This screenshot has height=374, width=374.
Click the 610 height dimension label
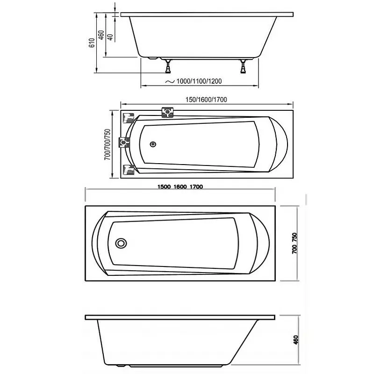click(x=92, y=43)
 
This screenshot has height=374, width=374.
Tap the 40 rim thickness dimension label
click(x=110, y=37)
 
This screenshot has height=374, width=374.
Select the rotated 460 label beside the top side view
click(x=101, y=35)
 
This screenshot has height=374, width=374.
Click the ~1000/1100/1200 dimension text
click(x=194, y=81)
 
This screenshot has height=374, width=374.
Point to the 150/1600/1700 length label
click(x=206, y=100)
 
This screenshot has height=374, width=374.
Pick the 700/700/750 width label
click(x=108, y=144)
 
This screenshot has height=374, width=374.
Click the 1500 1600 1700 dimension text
click(x=180, y=187)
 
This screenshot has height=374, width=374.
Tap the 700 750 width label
click(x=295, y=243)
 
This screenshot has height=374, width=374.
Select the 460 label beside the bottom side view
click(x=296, y=340)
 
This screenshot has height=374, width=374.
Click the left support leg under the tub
click(x=168, y=66)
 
